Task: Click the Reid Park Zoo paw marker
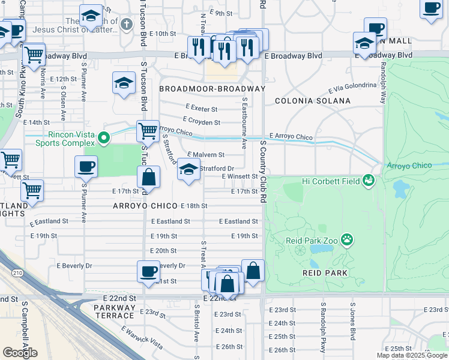(347, 240)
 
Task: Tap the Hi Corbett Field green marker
(369, 179)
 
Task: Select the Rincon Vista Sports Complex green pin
(104, 139)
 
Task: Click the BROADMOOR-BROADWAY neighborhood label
(212, 89)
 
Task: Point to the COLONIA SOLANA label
(312, 101)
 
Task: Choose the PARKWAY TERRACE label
(115, 311)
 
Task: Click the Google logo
(20, 352)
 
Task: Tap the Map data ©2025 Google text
(411, 355)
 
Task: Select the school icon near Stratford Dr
(188, 170)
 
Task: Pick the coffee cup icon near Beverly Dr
(148, 271)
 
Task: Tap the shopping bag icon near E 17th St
(149, 177)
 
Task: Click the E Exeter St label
(202, 109)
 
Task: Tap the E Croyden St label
(203, 122)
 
